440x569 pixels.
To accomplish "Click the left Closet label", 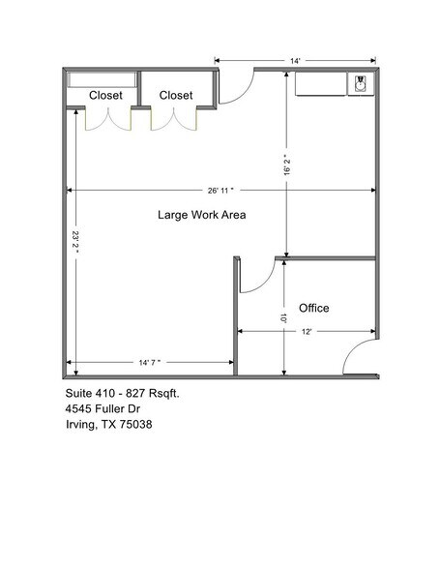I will click(x=105, y=95).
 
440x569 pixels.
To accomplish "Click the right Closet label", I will click(x=176, y=95).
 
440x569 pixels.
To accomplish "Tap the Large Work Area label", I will click(x=201, y=215).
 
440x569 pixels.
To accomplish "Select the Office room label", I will click(x=313, y=308).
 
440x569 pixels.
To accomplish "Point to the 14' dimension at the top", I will click(x=294, y=60).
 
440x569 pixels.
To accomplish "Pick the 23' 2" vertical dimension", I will click(x=74, y=242).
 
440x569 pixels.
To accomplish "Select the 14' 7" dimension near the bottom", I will click(x=149, y=363).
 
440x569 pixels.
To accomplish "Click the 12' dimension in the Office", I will click(x=307, y=332).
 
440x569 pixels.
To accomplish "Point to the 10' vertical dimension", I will click(x=283, y=317).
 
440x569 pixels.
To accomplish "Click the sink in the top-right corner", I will click(x=361, y=85).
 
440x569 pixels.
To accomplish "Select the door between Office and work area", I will click(x=255, y=276).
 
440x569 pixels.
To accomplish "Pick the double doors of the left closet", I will click(x=106, y=118).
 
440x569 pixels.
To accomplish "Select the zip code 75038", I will click(x=137, y=425).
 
